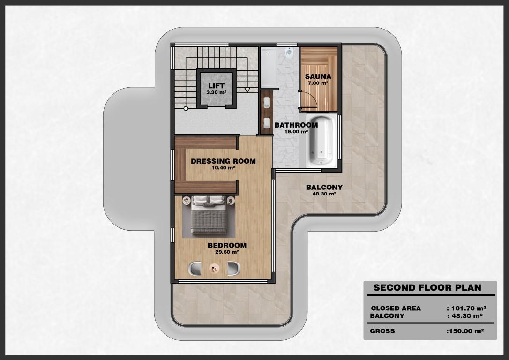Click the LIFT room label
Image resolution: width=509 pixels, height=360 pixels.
[217, 86]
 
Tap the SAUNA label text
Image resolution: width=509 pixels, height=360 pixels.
[318, 76]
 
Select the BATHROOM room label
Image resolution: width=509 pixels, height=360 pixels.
[296, 125]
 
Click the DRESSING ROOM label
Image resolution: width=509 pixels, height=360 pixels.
[224, 161]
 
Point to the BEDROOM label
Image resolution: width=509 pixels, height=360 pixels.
[227, 246]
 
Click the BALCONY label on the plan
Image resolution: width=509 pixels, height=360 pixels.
[324, 187]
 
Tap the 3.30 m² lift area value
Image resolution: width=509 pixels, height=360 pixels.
[216, 92]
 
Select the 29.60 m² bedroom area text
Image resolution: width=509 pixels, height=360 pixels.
[227, 252]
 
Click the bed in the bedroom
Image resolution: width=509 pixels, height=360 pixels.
[209, 215]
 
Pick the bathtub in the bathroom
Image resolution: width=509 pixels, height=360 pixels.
[322, 140]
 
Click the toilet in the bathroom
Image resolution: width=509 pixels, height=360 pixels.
[289, 52]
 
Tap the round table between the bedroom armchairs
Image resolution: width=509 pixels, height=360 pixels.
[214, 269]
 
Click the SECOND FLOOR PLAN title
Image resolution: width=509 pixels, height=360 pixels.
[427, 288]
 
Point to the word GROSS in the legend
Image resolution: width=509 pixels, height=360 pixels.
[382, 331]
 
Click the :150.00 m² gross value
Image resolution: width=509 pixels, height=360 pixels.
[465, 331]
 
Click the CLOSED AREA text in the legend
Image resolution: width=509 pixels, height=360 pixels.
[396, 308]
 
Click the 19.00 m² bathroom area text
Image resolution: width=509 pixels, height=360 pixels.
[296, 132]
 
